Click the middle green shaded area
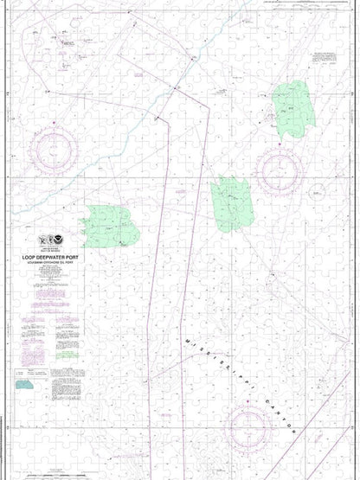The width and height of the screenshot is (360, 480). pyautogui.click(x=232, y=203)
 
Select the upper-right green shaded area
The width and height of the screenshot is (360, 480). pyautogui.click(x=292, y=109)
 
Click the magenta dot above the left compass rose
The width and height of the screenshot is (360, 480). pyautogui.click(x=53, y=124)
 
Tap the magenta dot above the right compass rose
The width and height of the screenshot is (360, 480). pyautogui.click(x=280, y=137)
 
